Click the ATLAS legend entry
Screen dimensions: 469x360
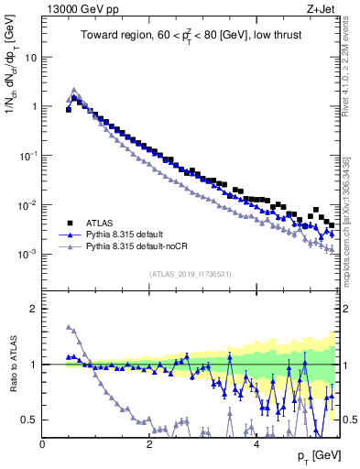[x=100, y=223]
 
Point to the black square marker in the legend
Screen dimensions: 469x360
[x=69, y=223]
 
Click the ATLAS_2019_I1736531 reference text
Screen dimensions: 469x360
[x=190, y=273]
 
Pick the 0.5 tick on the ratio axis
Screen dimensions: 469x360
[x=29, y=420]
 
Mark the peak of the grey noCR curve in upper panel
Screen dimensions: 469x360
[x=74, y=90]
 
